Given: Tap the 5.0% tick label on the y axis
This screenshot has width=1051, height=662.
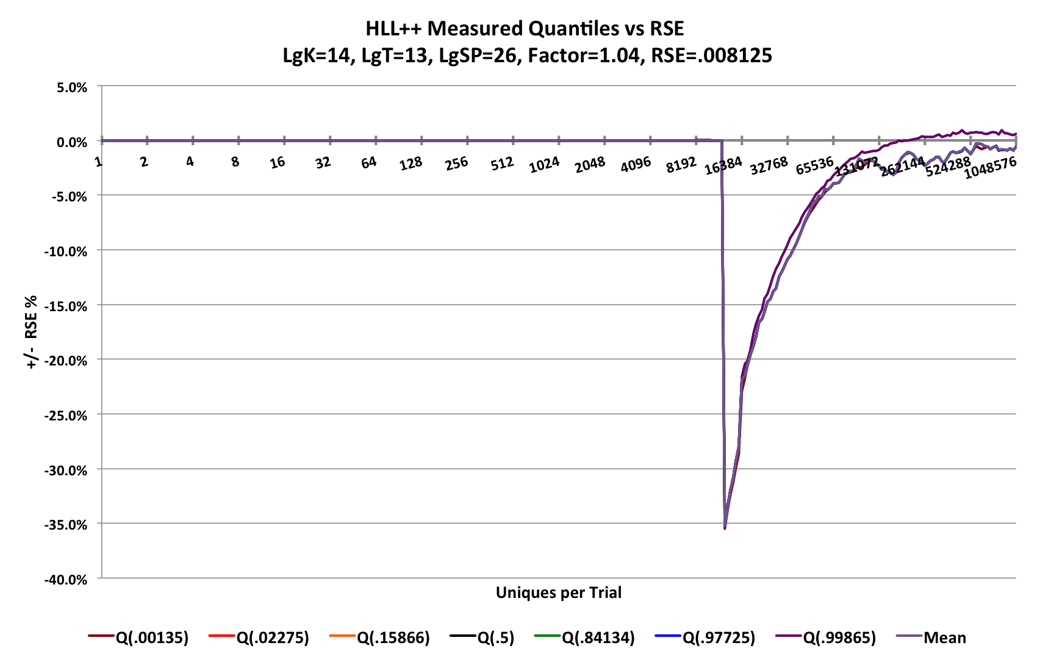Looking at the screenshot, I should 72,87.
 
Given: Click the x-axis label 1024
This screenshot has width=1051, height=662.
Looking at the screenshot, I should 544,165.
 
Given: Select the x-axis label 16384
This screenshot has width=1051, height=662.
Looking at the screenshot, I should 723,165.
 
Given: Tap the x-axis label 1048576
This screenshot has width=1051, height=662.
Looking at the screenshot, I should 991,167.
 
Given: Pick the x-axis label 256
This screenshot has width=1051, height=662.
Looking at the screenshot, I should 456,164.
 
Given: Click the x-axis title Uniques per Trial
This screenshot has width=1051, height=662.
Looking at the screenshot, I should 558,592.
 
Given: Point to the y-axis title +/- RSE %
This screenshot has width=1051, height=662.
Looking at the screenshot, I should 31,332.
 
